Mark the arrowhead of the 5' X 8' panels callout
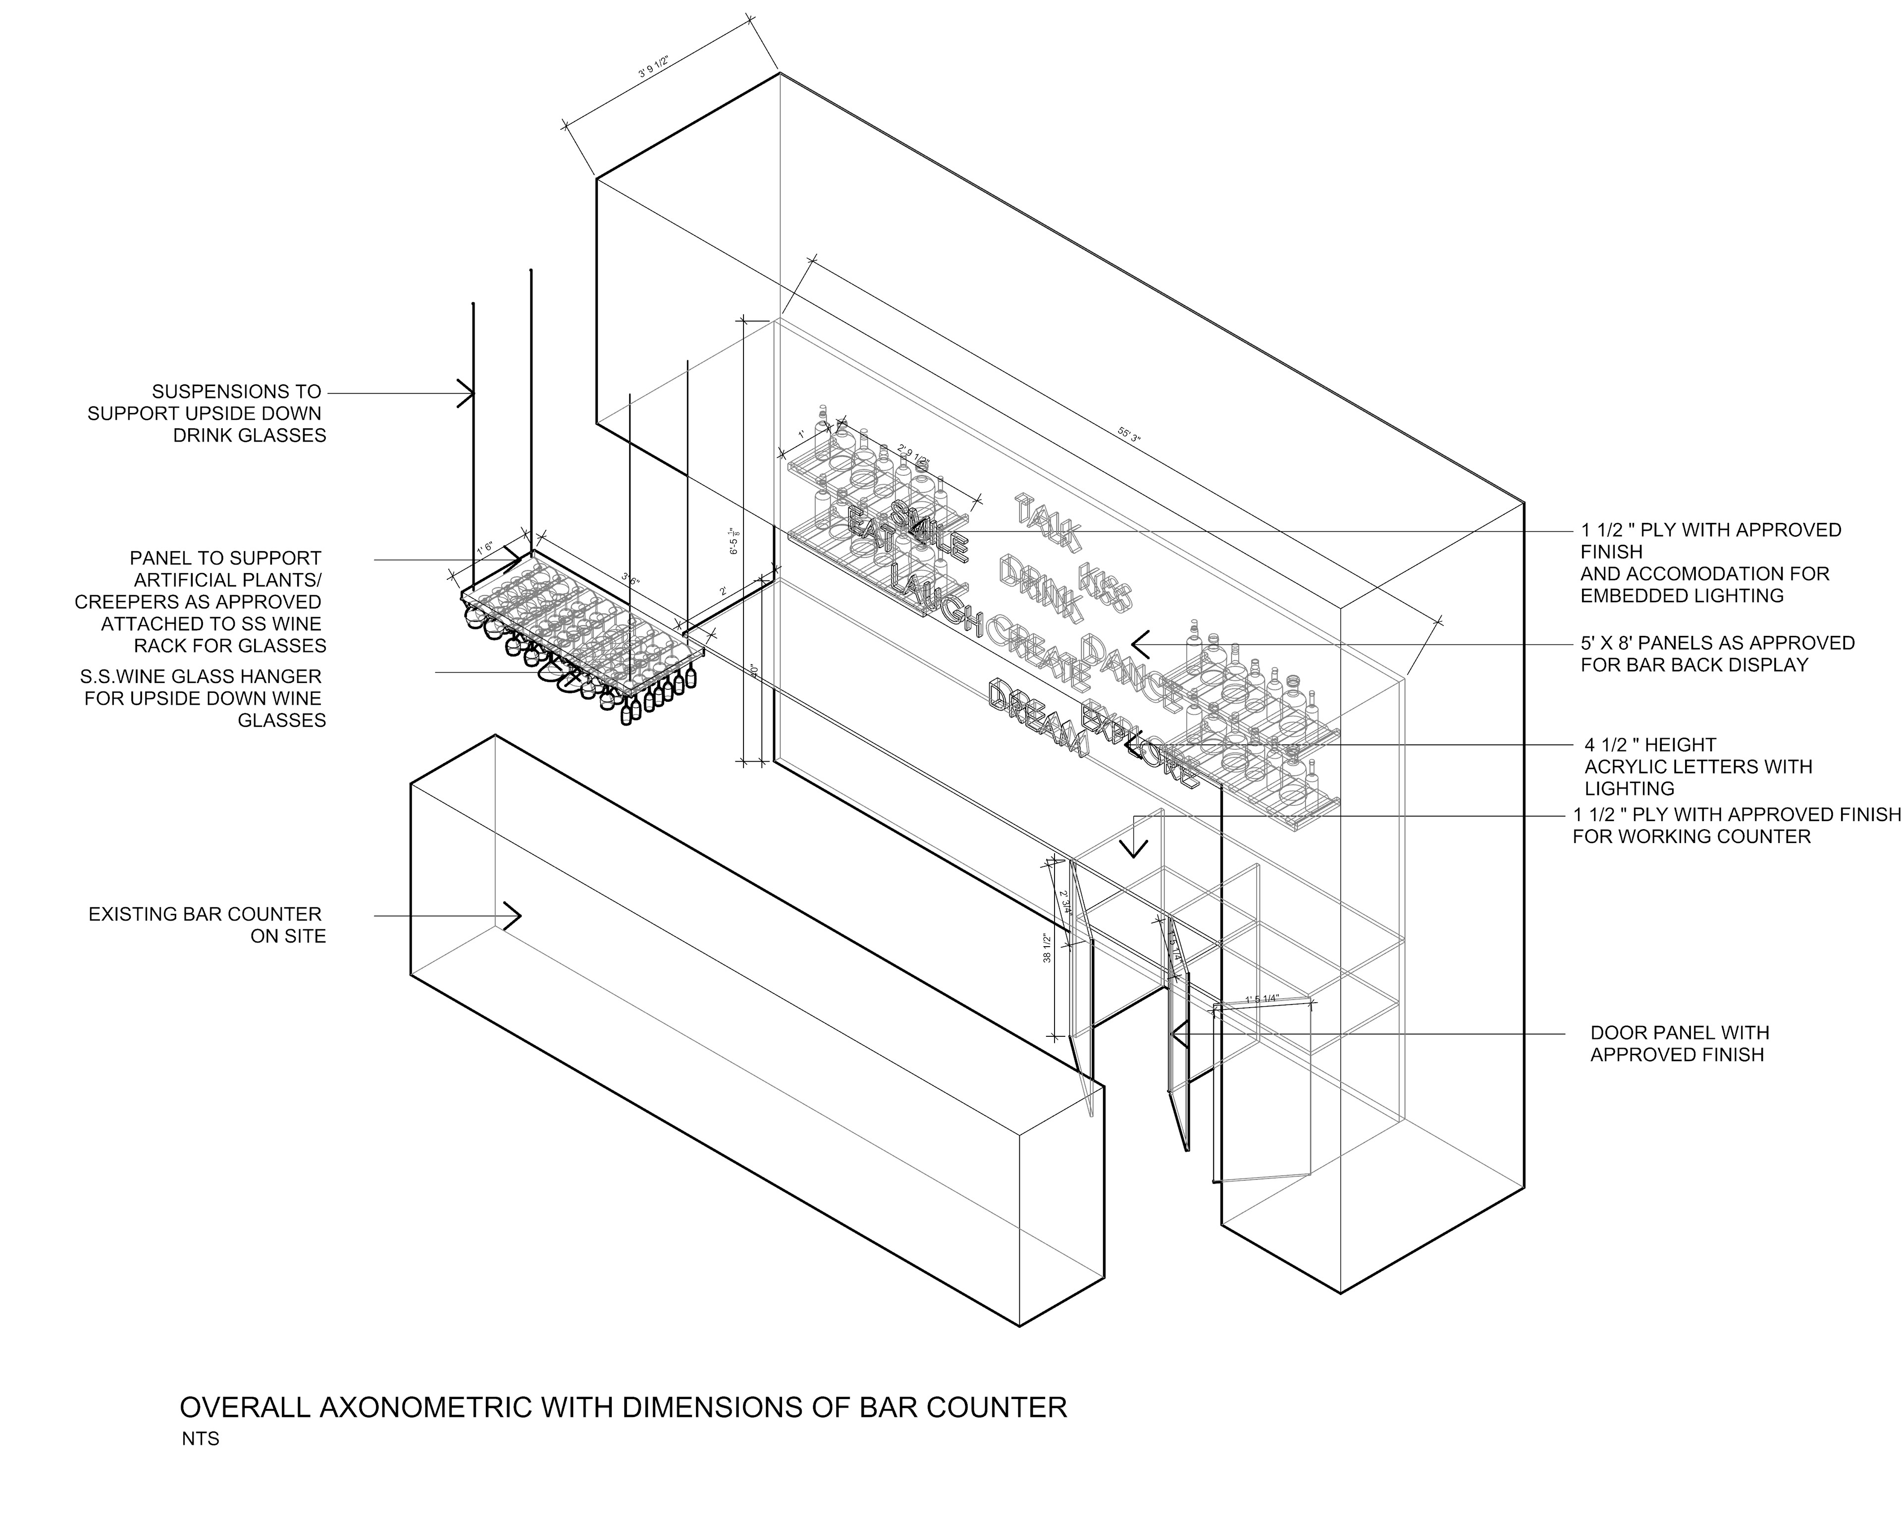pyautogui.click(x=1138, y=644)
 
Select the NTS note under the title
pyautogui.click(x=200, y=1439)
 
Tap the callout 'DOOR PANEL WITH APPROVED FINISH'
pyautogui.click(x=1679, y=1043)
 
